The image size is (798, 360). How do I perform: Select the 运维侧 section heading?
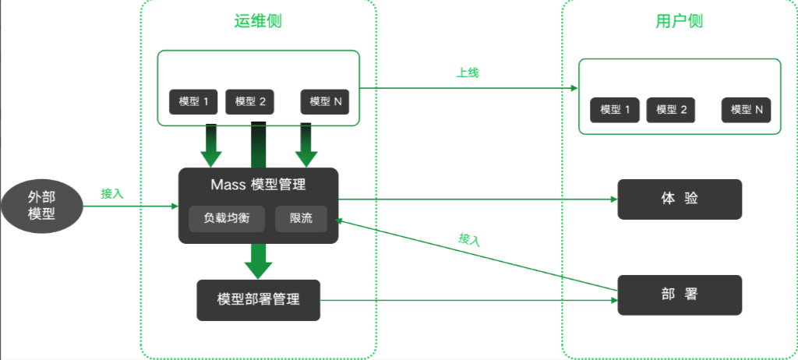(x=257, y=21)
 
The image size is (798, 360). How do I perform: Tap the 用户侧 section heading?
(x=679, y=21)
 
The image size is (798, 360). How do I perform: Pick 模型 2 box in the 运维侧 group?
(x=250, y=101)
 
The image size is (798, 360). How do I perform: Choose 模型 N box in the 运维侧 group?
(x=325, y=101)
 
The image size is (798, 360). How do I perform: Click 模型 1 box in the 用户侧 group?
(x=615, y=110)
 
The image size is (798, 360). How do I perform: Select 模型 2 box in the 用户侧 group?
(x=671, y=110)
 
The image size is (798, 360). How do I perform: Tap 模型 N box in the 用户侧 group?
(x=746, y=110)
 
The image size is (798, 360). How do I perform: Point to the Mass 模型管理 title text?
(x=258, y=185)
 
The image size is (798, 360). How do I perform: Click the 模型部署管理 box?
(x=258, y=299)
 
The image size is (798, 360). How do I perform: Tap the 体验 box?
(x=680, y=199)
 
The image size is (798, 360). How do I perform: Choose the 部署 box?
(x=680, y=295)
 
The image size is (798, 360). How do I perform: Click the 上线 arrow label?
(x=467, y=72)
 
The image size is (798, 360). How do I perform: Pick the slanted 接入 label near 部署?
(x=469, y=240)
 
